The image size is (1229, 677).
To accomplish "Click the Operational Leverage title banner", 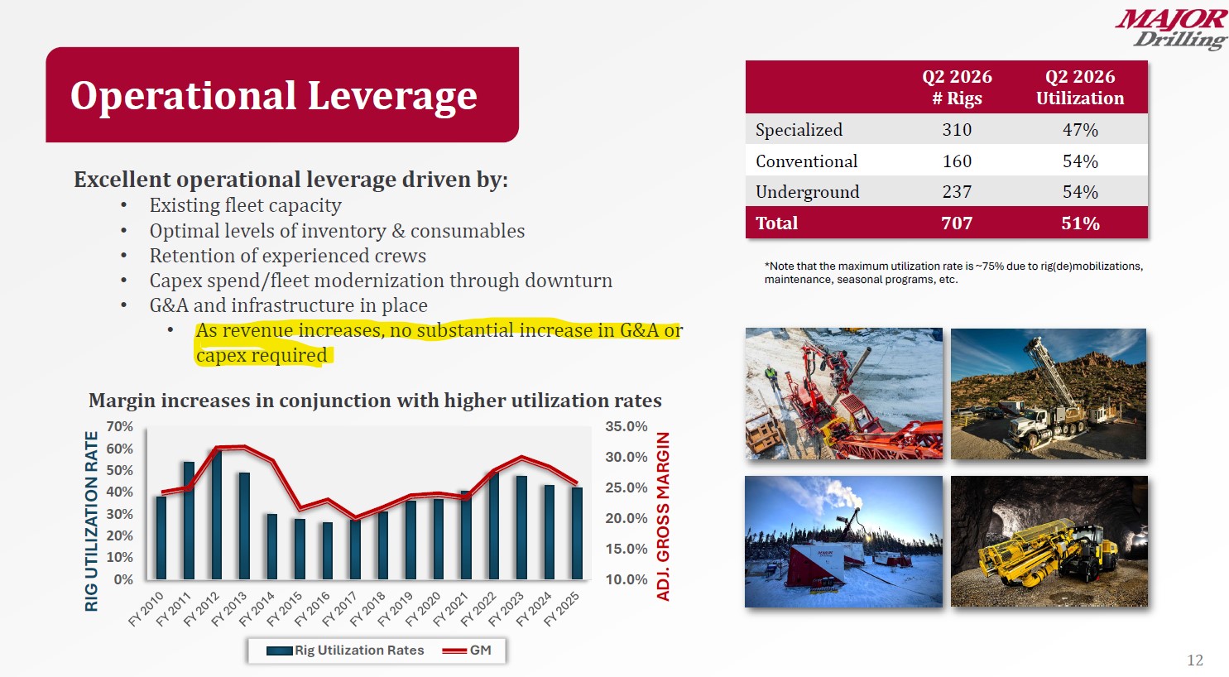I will pyautogui.click(x=281, y=95).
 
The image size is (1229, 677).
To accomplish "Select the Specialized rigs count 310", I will pyautogui.click(x=957, y=130).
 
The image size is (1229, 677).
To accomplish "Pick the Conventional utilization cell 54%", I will pyautogui.click(x=1079, y=161).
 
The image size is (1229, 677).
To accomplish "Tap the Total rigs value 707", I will pyautogui.click(x=957, y=223).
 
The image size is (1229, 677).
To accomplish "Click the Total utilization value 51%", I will pyautogui.click(x=1079, y=223).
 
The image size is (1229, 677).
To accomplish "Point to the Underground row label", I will pyautogui.click(x=807, y=192).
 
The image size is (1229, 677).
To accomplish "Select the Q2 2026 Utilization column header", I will pyautogui.click(x=1079, y=87).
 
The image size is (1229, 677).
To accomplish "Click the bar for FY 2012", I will pyautogui.click(x=216, y=515).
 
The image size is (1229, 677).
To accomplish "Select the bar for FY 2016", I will pyautogui.click(x=328, y=550).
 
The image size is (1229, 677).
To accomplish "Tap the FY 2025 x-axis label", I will pyautogui.click(x=563, y=609).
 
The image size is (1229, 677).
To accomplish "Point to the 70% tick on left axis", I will pyautogui.click(x=119, y=426).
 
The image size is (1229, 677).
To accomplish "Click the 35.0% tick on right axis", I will pyautogui.click(x=626, y=426).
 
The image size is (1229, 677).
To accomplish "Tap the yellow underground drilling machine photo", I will pyautogui.click(x=1048, y=541).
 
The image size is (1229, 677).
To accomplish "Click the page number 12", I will pyautogui.click(x=1194, y=660).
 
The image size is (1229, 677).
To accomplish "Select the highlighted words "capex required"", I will pyautogui.click(x=262, y=356).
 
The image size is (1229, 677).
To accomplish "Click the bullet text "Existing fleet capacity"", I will pyautogui.click(x=245, y=205).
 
